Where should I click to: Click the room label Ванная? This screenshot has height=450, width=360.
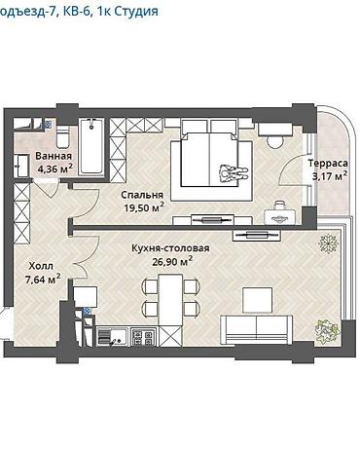(54, 156)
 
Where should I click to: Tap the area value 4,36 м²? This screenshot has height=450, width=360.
(54, 169)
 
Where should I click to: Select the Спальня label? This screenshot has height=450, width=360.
(142, 195)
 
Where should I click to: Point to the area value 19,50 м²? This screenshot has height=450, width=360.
(144, 207)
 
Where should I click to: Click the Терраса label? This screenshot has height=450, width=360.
(328, 163)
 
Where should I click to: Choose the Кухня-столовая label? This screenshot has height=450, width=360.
(170, 248)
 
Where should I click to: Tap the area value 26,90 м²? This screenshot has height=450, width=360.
(172, 261)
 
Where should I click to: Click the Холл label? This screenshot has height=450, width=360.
(41, 266)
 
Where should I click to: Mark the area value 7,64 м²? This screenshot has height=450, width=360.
(43, 280)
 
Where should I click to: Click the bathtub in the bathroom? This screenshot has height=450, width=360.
(91, 146)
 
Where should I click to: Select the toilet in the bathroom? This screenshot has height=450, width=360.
(62, 136)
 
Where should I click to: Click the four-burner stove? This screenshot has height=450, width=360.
(143, 336)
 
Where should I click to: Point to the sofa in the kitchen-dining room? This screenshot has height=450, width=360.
(257, 329)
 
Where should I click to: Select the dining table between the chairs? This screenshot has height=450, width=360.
(170, 300)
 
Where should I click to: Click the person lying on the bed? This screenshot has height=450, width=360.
(234, 172)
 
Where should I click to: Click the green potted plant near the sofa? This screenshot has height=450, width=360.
(327, 330)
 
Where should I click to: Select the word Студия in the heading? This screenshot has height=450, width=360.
(136, 12)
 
